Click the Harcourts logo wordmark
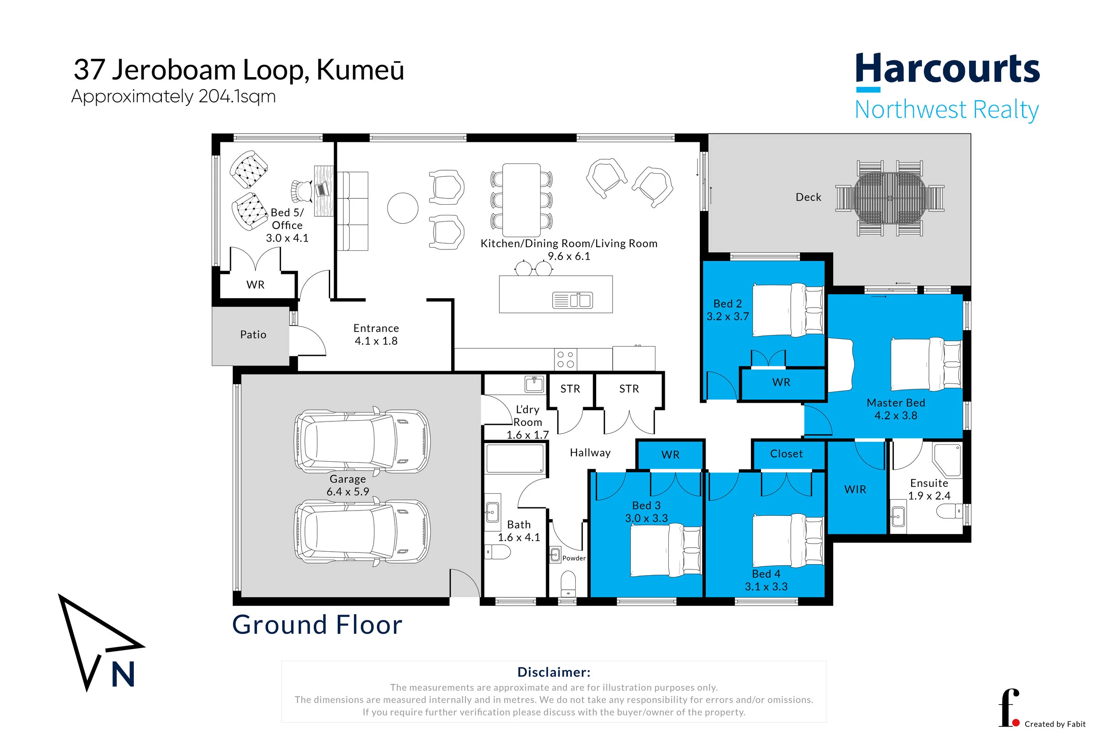coord(948,69)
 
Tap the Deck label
coord(808,197)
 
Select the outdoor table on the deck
coord(890,198)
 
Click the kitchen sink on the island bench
coord(573,300)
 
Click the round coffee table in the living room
coord(402,208)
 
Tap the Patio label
coord(254,335)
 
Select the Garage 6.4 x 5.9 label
coord(348,485)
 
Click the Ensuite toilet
coord(949,511)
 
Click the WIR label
coord(855,489)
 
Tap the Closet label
coord(786,454)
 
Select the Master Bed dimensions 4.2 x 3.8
coord(896,415)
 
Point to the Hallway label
coord(590,452)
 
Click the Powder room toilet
coord(568,584)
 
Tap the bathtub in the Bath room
coord(515,458)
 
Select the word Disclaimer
coord(554,672)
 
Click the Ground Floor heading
coord(317,625)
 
